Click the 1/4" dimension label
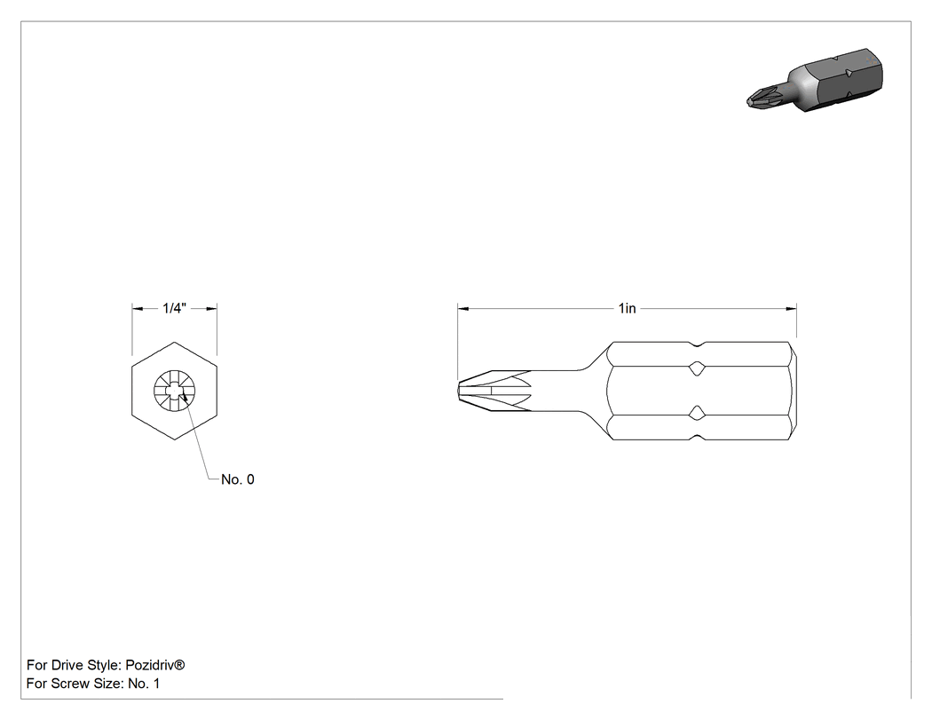click(x=175, y=308)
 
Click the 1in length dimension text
click(x=627, y=308)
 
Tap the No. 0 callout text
click(x=238, y=479)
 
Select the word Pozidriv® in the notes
click(x=155, y=665)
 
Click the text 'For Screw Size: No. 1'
click(x=93, y=683)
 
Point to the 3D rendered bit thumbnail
click(x=814, y=80)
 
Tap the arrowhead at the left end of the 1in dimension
click(x=463, y=309)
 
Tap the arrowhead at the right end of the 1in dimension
click(x=791, y=309)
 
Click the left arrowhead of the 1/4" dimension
click(x=138, y=309)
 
